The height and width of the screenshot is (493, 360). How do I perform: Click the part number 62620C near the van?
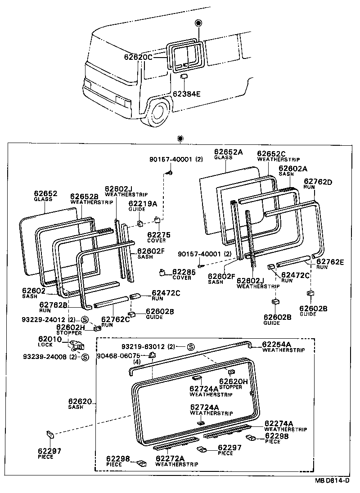click(x=138, y=57)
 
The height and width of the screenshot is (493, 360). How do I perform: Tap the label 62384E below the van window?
click(x=187, y=94)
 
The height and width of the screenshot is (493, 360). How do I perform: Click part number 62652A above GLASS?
click(x=228, y=152)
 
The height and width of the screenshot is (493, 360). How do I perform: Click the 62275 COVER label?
click(x=156, y=234)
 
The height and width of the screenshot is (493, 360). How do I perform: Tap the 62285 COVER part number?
click(x=181, y=272)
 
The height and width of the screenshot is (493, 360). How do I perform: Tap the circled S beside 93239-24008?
click(x=84, y=357)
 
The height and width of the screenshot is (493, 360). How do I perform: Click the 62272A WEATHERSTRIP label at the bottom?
click(x=170, y=458)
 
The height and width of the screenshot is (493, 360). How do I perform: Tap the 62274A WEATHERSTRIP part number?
click(x=279, y=423)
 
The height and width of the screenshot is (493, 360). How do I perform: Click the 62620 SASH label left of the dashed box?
click(x=80, y=401)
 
